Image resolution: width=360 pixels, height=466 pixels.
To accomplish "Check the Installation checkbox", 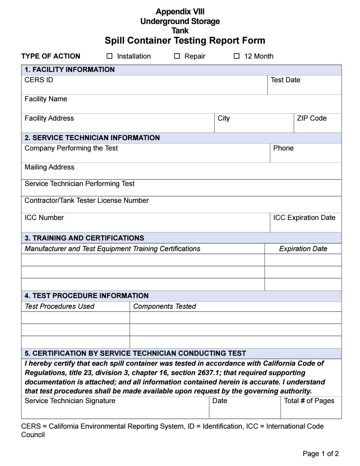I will [x=110, y=56].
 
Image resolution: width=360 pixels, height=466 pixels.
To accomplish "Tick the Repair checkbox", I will [x=177, y=56].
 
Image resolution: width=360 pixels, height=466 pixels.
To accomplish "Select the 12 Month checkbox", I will [x=237, y=56].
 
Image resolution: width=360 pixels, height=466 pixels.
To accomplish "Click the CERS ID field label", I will [x=39, y=80].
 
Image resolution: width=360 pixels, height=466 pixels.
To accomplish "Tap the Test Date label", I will [x=285, y=80].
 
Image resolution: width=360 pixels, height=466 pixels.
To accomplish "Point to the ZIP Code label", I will [x=311, y=118].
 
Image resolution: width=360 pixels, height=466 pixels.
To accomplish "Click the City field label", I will [x=224, y=118].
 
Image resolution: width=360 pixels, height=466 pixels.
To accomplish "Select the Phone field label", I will [x=283, y=148].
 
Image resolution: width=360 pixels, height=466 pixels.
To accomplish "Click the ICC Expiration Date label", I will [x=304, y=218].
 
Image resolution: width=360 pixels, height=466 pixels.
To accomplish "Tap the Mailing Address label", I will [x=50, y=167].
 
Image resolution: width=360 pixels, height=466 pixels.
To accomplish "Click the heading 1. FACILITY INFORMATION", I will [x=70, y=70].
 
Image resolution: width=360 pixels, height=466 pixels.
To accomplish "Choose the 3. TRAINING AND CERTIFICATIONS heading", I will [x=84, y=238].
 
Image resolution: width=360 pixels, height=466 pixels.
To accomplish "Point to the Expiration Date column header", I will [x=303, y=249].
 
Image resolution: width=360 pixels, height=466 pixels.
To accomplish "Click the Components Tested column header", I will [x=164, y=307].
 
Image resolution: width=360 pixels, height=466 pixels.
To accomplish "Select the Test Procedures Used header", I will [x=59, y=307].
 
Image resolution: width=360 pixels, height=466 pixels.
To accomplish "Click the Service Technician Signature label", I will [x=70, y=401].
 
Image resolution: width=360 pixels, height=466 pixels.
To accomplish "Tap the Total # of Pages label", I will [x=309, y=401].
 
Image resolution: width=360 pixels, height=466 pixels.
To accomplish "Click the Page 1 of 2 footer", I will [x=320, y=454].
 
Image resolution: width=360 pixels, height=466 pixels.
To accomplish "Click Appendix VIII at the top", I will [x=180, y=12].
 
